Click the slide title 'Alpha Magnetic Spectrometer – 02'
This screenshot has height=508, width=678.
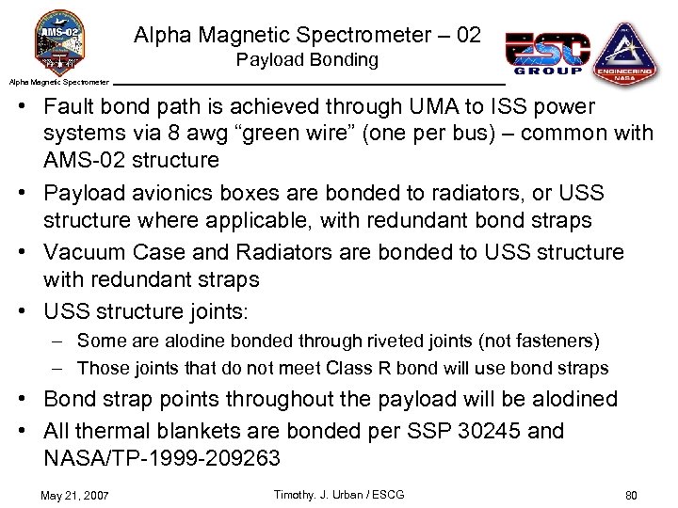point(307,36)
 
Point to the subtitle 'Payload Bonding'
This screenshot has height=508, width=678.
point(307,60)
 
